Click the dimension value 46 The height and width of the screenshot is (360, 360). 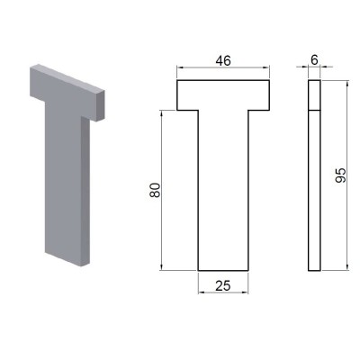[223, 61]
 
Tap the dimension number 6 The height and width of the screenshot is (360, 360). [314, 60]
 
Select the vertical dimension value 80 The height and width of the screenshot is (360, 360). [155, 190]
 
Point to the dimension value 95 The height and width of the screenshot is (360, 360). [340, 175]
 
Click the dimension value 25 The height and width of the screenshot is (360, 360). [223, 286]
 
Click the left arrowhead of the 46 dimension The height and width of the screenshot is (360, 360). [179, 67]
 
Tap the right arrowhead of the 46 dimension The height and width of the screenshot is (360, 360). [267, 67]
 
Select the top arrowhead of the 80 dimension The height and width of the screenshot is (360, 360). [162, 113]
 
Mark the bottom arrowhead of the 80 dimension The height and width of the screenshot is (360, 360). [162, 267]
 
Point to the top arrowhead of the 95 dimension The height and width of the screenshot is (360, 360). [347, 83]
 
